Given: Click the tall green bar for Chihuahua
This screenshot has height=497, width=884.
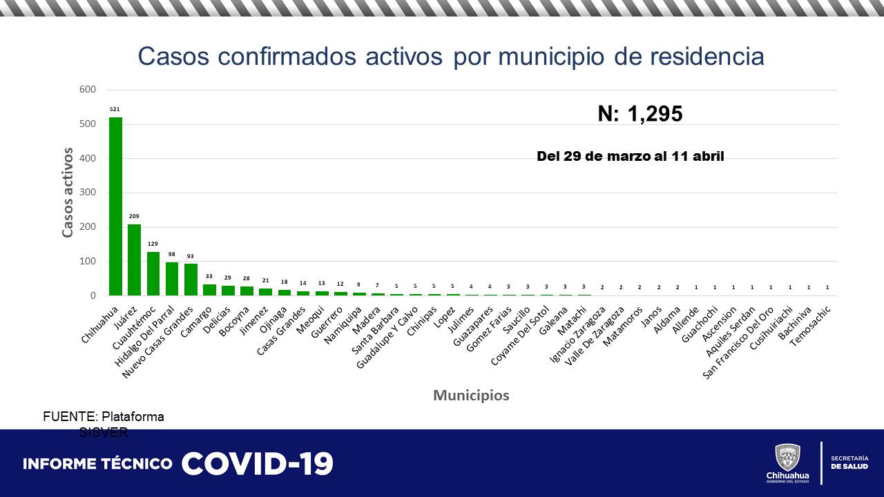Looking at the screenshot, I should click(115, 207).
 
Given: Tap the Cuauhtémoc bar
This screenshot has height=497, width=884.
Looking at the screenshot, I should click(153, 274).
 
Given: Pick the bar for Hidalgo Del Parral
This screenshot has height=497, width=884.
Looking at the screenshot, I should click(172, 279).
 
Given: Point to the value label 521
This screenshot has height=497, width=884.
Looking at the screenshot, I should click(115, 109).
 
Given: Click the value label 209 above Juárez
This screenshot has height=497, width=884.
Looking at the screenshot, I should click(134, 216).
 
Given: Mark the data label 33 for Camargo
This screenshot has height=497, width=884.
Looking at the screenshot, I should click(209, 277).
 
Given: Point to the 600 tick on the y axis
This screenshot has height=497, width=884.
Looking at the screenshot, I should click(88, 90).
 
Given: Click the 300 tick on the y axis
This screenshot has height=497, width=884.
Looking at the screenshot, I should click(88, 193).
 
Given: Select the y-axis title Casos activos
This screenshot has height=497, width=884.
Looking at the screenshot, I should click(68, 192).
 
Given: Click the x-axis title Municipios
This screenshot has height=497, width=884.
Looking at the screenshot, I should click(471, 396).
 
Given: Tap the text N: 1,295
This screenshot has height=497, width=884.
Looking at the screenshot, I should click(640, 114).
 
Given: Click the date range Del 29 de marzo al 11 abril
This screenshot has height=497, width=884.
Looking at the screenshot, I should click(630, 157).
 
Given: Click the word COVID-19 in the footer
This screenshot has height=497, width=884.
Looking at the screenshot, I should click(257, 464).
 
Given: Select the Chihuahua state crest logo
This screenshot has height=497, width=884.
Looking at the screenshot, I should click(788, 458).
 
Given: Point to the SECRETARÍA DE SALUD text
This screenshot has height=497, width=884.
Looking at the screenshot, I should click(849, 462).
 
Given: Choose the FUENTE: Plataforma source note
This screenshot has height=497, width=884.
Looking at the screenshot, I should click(104, 417).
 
